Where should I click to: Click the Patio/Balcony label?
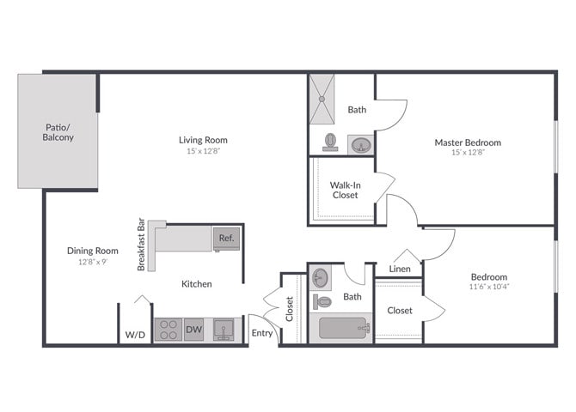coord(58,132)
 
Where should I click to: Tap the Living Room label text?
coord(203,140)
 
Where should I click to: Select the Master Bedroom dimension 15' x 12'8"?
coord(468,154)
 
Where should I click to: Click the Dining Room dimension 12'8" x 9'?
coord(92,262)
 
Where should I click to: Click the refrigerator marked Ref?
coord(226,239)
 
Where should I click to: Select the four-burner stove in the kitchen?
coord(167,330)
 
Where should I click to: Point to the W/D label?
coord(134,334)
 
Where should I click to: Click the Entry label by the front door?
coord(261,333)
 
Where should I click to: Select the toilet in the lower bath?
coord(323,301)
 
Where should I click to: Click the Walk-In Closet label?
coord(345,190)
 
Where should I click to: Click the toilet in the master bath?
coord(330,141)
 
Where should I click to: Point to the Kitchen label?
coord(196,283)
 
